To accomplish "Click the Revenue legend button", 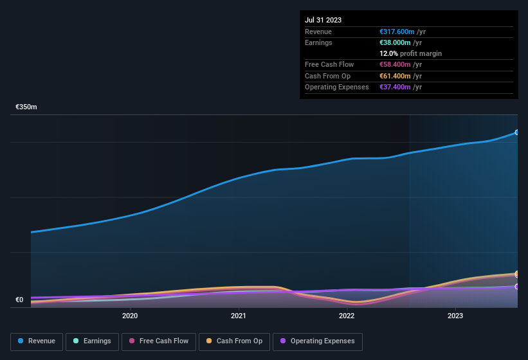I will pyautogui.click(x=37, y=341).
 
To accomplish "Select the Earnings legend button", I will pyautogui.click(x=93, y=341).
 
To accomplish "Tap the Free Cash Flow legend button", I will pyautogui.click(x=159, y=341).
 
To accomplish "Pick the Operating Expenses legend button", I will pyautogui.click(x=318, y=341).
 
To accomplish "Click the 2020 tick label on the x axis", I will pyautogui.click(x=130, y=316).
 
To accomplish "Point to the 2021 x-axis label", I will pyautogui.click(x=239, y=316).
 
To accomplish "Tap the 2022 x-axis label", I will pyautogui.click(x=347, y=316).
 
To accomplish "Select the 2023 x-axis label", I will pyautogui.click(x=455, y=316).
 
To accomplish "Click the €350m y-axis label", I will pyautogui.click(x=26, y=107).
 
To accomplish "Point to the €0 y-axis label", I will pyautogui.click(x=19, y=300).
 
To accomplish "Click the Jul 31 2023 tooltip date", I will pyautogui.click(x=323, y=20).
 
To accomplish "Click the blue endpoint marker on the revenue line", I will pyautogui.click(x=517, y=132).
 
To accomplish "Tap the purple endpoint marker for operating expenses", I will pyautogui.click(x=517, y=287).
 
